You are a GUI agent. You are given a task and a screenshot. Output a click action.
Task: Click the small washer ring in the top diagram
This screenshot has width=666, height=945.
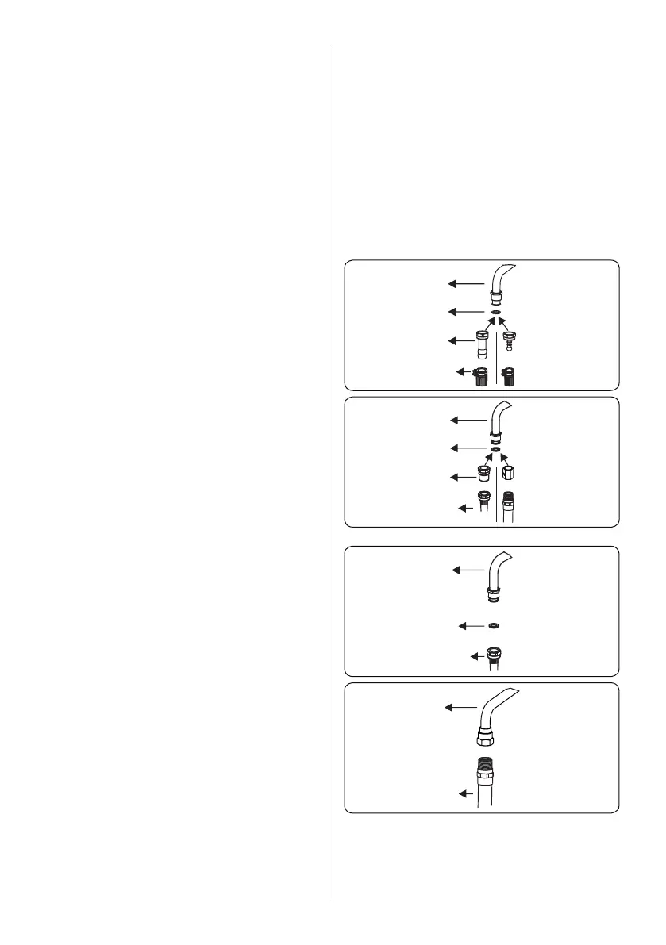[495, 313]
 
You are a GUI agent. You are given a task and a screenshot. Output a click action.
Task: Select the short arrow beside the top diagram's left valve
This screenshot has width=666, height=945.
[462, 371]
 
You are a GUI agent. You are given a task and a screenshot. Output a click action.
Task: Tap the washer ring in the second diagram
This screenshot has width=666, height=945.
[495, 449]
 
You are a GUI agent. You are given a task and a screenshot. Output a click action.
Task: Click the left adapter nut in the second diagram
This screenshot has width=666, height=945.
[481, 474]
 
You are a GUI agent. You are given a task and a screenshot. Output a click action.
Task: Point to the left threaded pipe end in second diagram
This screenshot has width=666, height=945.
[482, 499]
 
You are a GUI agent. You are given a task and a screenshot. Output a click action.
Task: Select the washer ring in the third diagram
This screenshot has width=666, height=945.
[495, 625]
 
